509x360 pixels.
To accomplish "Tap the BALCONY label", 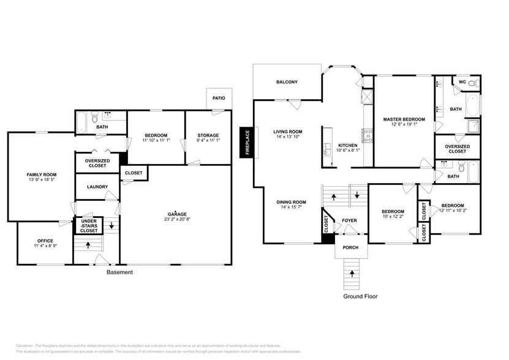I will click(x=287, y=81).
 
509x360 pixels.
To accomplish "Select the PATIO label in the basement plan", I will click(x=219, y=98).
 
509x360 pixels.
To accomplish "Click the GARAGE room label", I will click(x=176, y=214).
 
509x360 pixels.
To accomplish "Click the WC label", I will click(x=462, y=81).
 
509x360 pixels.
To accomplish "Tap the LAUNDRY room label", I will click(x=97, y=187).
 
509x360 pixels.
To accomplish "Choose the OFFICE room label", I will click(x=45, y=241).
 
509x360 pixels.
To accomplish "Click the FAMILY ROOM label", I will click(x=41, y=174).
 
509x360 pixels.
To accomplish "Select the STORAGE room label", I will click(x=208, y=135).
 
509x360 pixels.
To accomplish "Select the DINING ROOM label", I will click(x=290, y=202).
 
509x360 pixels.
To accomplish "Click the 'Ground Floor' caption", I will click(x=360, y=296).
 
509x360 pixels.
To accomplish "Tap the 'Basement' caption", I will click(x=119, y=272).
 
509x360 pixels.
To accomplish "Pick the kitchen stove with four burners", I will click(x=368, y=132).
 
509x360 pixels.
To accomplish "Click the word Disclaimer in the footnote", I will click(x=27, y=345).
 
